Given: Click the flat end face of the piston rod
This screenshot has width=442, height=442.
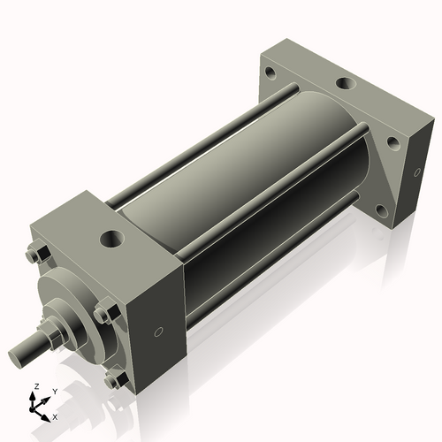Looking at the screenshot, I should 17,358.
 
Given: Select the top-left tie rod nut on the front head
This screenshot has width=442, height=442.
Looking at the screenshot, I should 33,256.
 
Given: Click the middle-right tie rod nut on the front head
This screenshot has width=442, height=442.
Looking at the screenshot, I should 104,313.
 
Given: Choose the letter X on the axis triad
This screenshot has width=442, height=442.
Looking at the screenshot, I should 56,415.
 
